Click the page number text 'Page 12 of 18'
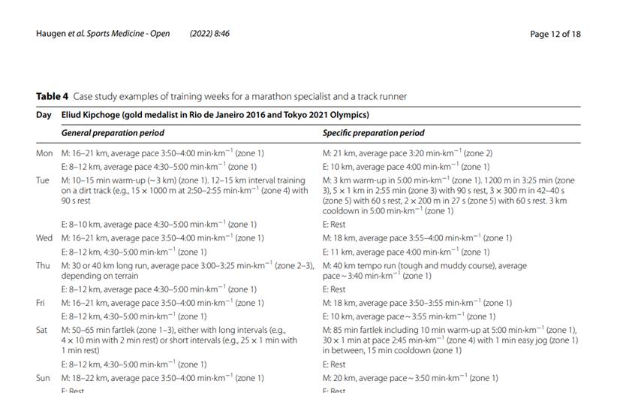[555, 34]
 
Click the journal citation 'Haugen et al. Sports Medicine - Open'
[103, 34]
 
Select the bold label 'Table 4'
[52, 97]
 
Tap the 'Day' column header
[44, 115]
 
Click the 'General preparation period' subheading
[113, 133]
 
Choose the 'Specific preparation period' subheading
[373, 133]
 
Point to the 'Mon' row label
[44, 153]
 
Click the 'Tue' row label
[43, 180]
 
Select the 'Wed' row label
[44, 238]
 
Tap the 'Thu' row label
[44, 265]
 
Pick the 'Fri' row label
[42, 303]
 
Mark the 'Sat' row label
[42, 330]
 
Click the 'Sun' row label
[44, 378]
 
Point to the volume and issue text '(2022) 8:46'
[209, 34]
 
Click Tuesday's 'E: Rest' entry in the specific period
[334, 224]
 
